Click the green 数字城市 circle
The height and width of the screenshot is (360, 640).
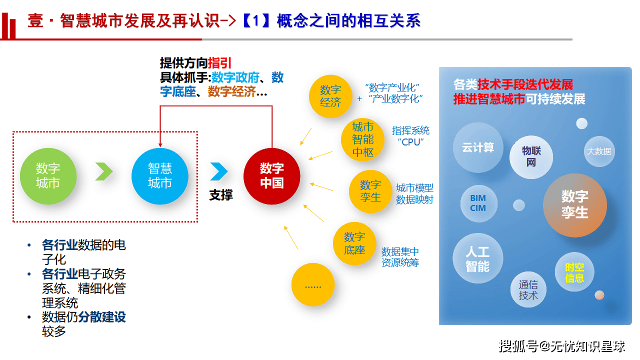(x=48, y=176)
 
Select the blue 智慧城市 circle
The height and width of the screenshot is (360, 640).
(x=160, y=176)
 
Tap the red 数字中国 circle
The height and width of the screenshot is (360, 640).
(x=272, y=176)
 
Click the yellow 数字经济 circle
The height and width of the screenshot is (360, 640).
(x=330, y=96)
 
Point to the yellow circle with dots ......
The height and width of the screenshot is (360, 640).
(x=313, y=285)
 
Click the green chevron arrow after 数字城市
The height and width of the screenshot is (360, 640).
(x=104, y=171)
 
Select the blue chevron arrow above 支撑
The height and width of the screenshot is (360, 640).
(x=218, y=171)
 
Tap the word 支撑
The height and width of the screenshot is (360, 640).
(x=221, y=195)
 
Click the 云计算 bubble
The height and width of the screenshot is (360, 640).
(x=477, y=147)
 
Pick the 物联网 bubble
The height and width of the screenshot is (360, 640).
(x=531, y=156)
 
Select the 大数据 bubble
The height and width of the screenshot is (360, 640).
(x=598, y=151)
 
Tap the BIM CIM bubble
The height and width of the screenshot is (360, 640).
(x=478, y=203)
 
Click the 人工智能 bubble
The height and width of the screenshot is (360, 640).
(x=477, y=258)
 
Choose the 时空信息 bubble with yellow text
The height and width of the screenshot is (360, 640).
(x=574, y=272)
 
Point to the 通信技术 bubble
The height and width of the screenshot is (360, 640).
(x=528, y=290)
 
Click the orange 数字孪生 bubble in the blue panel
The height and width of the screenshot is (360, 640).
(x=574, y=204)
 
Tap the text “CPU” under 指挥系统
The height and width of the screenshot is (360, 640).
(x=410, y=141)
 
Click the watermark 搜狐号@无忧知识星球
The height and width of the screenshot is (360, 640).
(x=562, y=345)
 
